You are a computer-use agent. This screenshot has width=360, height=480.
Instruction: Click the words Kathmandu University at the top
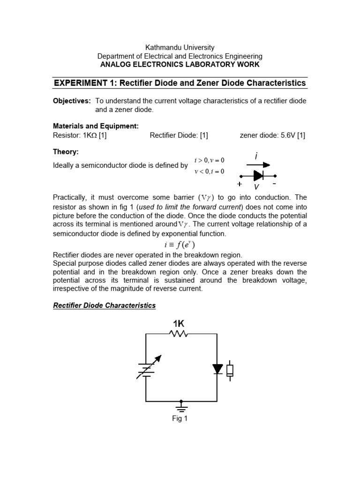(180, 47)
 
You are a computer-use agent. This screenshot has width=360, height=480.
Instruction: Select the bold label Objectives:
(72, 101)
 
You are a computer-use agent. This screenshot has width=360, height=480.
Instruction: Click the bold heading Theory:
(67, 152)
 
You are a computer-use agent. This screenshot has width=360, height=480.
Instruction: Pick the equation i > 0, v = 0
(210, 161)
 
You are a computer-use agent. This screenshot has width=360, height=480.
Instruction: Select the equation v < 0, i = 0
(210, 171)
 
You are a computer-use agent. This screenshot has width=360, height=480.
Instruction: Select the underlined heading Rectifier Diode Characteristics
(104, 306)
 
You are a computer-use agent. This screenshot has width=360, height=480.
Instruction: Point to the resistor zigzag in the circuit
(179, 334)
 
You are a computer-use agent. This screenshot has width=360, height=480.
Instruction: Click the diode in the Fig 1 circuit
(217, 369)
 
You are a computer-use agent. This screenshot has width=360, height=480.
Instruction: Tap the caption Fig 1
(180, 419)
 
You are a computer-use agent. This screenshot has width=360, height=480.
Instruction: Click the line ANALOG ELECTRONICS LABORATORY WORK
(180, 64)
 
